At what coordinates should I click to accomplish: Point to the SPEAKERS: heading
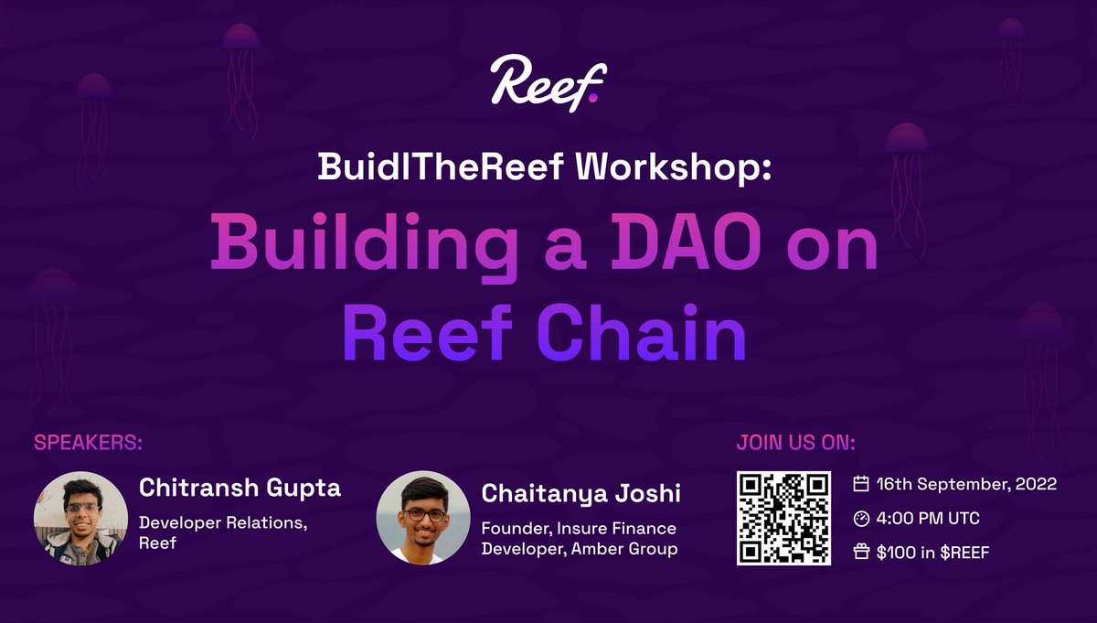tap(89, 444)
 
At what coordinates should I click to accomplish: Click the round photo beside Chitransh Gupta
tap(80, 518)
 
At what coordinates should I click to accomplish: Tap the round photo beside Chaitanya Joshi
tap(423, 518)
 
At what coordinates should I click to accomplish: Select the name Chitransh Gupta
tap(240, 488)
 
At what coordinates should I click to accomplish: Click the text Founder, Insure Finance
tap(579, 529)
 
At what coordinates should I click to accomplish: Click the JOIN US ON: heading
tap(795, 444)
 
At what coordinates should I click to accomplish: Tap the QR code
tap(783, 518)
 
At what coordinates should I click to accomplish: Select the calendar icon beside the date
tap(860, 484)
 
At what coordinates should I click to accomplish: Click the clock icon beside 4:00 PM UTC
tap(860, 519)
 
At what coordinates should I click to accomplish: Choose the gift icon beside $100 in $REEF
tap(860, 552)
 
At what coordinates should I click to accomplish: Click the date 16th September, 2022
tap(967, 484)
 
